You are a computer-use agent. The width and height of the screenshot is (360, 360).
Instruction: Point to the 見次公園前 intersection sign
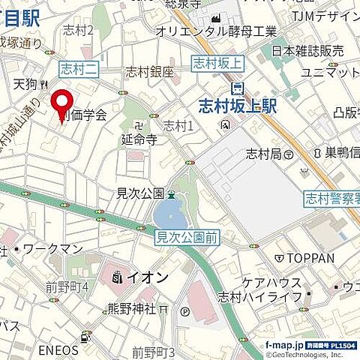point(187,238)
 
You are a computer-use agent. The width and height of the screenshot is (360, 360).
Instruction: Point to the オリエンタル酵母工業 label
point(217,31)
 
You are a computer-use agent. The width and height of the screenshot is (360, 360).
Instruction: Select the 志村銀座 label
point(149,72)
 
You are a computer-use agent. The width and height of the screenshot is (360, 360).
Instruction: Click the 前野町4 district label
point(67,286)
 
